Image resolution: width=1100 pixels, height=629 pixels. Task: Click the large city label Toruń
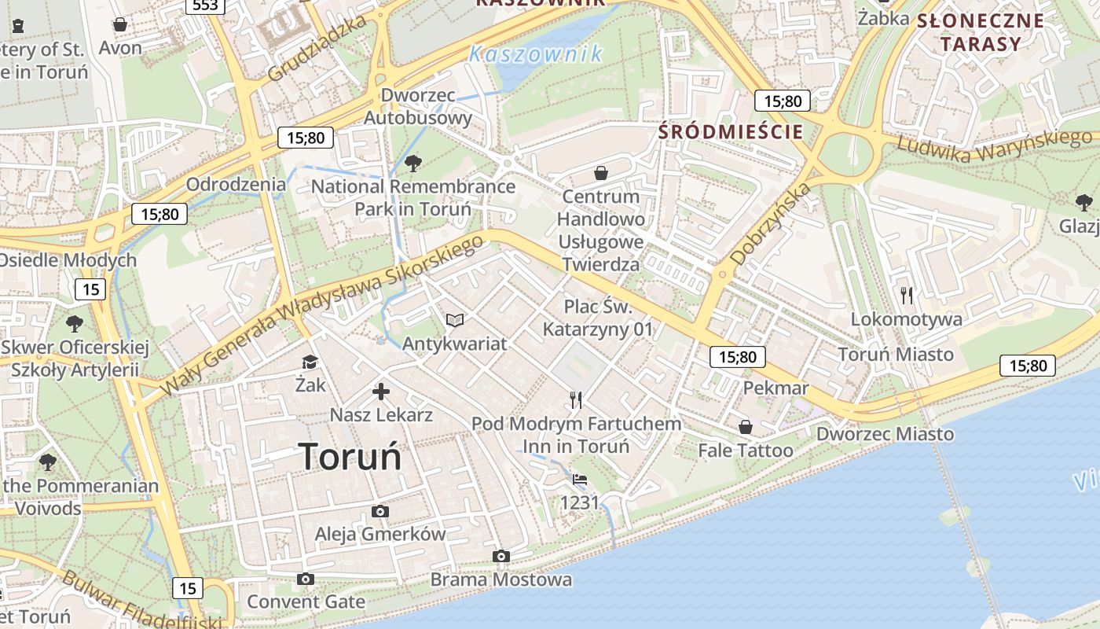coord(350,456)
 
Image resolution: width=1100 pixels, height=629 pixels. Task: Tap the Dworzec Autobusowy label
coord(418,107)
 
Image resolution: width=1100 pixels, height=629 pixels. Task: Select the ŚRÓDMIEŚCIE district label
coord(731,131)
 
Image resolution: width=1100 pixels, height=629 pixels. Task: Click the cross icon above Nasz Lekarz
coord(381,392)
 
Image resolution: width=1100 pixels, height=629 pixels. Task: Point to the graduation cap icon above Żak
coord(310,362)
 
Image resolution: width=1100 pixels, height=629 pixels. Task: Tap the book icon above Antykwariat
coord(455,320)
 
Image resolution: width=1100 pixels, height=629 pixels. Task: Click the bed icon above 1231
coord(579,479)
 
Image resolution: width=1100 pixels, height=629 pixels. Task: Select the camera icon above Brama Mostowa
coord(500,557)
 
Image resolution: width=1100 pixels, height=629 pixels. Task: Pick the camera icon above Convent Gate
coord(306,579)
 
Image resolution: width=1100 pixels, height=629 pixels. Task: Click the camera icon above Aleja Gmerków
coord(380,512)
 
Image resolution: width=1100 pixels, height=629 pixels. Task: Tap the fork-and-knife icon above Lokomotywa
coord(907,296)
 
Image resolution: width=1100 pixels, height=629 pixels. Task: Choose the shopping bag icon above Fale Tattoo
coord(745,427)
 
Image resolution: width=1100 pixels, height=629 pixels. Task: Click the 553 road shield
coord(206,6)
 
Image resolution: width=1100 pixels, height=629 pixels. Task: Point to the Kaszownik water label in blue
coord(535,54)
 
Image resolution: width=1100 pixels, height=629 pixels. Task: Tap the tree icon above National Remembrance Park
coord(412,164)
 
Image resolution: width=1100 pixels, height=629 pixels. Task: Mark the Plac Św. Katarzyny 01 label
coord(598,318)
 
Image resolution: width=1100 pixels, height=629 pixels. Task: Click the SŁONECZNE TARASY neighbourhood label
coord(981,32)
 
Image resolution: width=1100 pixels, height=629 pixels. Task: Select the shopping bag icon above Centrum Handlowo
coord(601,173)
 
